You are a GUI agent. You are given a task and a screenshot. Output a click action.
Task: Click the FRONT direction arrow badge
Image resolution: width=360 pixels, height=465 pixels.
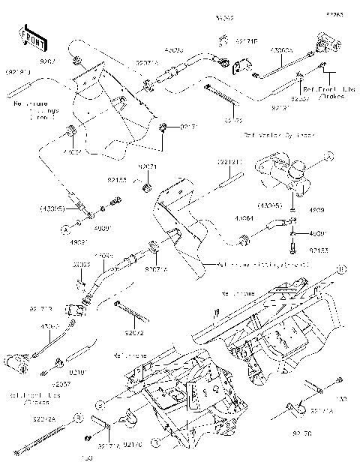point(29,35)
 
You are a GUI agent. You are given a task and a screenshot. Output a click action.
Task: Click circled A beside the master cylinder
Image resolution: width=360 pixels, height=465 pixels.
point(328,157)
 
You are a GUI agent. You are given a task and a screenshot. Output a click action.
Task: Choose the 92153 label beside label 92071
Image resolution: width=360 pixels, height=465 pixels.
point(115,181)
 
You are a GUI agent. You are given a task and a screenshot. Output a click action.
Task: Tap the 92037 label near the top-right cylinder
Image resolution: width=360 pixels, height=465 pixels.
point(299,98)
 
